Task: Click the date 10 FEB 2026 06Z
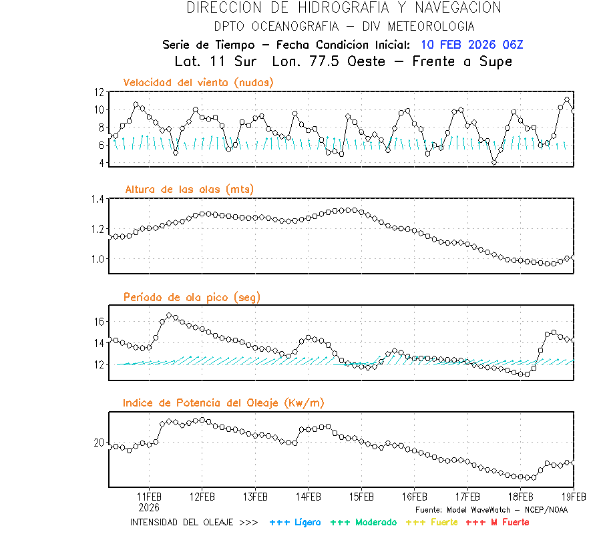tap(471, 45)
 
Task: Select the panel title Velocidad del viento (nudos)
tap(198, 82)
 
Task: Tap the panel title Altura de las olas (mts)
tap(189, 190)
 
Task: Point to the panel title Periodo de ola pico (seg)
tap(192, 297)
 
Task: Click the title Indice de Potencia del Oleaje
tap(224, 403)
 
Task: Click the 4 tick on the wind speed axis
tap(101, 163)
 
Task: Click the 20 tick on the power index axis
tap(98, 443)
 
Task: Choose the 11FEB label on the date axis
tap(149, 497)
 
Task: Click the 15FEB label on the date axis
tap(361, 497)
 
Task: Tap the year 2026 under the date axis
tap(149, 507)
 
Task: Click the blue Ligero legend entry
tap(295, 522)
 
